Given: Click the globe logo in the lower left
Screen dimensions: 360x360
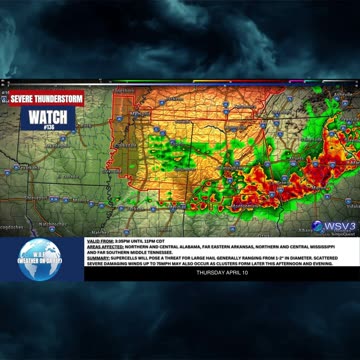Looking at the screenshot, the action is [40, 258].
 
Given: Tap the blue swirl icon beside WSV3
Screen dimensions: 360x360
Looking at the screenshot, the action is [316, 226].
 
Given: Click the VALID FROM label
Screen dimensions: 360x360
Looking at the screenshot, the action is [99, 241].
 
